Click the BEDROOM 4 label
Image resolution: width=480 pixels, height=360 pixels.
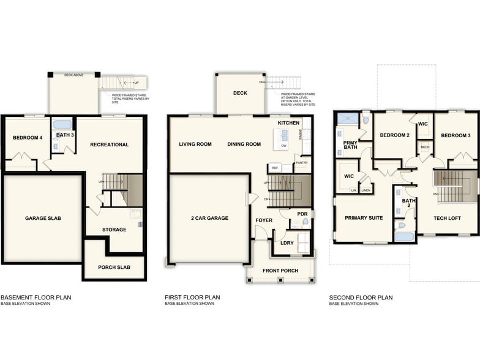(x=28, y=138)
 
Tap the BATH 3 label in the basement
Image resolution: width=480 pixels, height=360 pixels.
(x=65, y=135)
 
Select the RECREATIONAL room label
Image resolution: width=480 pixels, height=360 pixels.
(x=109, y=144)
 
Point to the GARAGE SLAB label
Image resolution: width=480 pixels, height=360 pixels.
(x=43, y=218)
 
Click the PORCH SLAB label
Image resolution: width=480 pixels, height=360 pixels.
(x=114, y=267)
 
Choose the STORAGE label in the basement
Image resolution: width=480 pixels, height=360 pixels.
(x=114, y=230)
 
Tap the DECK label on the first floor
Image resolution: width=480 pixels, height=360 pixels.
(x=239, y=94)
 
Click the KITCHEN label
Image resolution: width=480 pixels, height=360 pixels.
(x=288, y=123)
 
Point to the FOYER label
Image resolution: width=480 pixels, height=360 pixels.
(x=264, y=220)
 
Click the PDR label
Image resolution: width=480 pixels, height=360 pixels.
(x=301, y=214)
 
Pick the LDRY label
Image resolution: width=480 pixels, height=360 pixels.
(x=287, y=243)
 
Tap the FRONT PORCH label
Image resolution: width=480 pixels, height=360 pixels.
(x=280, y=270)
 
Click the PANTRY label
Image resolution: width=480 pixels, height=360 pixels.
(x=301, y=163)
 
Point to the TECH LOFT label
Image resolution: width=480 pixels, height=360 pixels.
(x=447, y=218)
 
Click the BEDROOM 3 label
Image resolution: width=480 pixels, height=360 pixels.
(x=456, y=135)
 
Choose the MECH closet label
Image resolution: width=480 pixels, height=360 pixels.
(x=425, y=147)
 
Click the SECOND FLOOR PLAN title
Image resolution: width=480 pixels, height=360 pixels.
(x=361, y=298)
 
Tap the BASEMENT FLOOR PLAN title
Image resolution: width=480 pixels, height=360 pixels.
(x=36, y=298)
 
